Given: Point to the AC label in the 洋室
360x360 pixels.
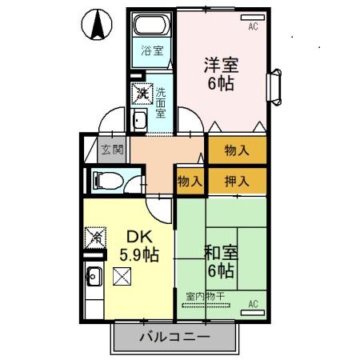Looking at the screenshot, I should pyautogui.click(x=254, y=26).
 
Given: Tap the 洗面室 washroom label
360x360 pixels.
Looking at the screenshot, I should pyautogui.click(x=160, y=102).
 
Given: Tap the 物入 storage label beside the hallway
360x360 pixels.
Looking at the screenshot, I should pyautogui.click(x=189, y=181).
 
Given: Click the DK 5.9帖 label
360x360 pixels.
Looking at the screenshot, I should pyautogui.click(x=141, y=246).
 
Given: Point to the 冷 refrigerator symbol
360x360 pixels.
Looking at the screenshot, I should pyautogui.click(x=94, y=237).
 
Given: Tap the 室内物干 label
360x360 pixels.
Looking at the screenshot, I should pyautogui.click(x=206, y=297).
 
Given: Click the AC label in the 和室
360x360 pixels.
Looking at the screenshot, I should pyautogui.click(x=254, y=304).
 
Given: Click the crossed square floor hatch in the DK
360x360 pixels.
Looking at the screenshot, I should pyautogui.click(x=122, y=278).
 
